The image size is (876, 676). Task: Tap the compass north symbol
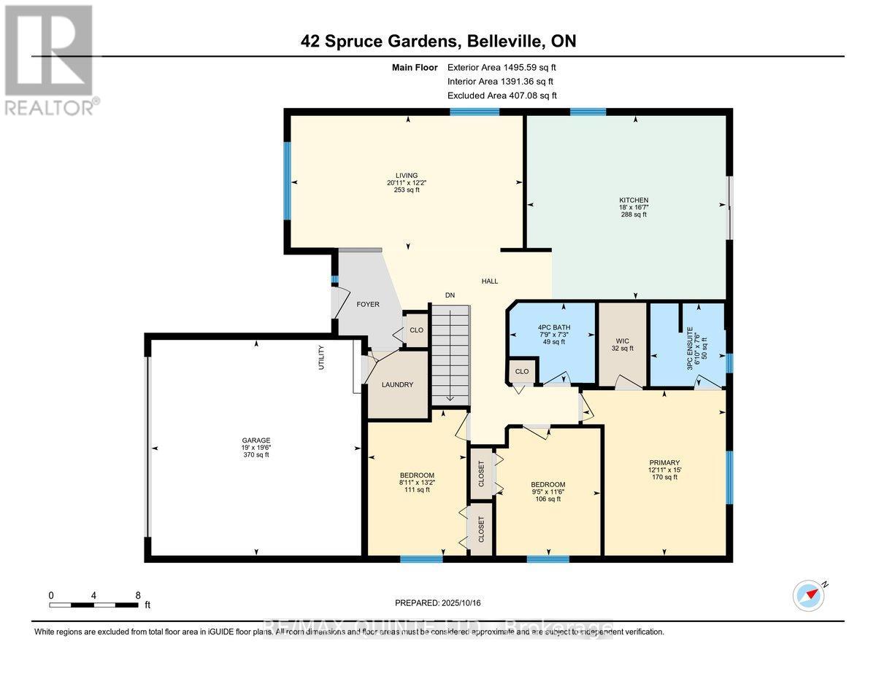808,595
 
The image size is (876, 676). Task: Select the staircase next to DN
450,354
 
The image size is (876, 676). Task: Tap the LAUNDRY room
398,384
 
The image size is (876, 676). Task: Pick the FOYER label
368,304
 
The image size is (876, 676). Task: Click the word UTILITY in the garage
321,357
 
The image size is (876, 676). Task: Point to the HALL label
490,281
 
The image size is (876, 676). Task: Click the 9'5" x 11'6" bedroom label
547,492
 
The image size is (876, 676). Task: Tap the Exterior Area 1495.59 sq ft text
507,67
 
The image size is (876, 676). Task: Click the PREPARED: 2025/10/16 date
437,603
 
